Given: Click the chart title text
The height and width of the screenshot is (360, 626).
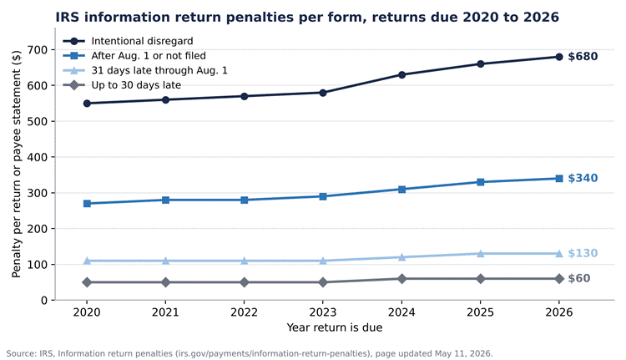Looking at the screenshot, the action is click(307, 18).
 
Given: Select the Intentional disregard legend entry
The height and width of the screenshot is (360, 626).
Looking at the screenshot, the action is click(128, 41).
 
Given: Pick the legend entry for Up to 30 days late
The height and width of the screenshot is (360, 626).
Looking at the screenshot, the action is click(122, 85).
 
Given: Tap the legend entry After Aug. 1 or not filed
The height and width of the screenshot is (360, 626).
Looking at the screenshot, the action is click(134, 56).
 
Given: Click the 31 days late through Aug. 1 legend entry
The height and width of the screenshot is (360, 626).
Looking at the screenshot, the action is click(145, 71).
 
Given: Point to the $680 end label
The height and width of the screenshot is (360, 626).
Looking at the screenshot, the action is click(583, 56).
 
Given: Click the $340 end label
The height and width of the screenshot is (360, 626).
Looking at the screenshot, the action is click(583, 178).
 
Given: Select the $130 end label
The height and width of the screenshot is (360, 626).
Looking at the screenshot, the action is click(583, 253).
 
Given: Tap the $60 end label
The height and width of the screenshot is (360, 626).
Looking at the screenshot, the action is click(579, 278).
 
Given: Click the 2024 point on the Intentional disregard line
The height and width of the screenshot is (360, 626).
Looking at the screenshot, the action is click(401, 74).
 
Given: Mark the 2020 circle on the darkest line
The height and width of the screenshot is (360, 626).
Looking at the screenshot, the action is click(87, 104).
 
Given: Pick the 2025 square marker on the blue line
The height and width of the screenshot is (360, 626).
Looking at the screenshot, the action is click(480, 182).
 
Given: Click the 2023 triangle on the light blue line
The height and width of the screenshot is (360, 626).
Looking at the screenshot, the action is click(323, 261).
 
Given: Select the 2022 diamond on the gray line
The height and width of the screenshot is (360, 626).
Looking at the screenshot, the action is click(245, 282).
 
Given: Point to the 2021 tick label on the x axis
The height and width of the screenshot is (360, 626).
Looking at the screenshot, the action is click(165, 312).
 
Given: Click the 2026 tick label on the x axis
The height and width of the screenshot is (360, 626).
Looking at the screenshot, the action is click(559, 312).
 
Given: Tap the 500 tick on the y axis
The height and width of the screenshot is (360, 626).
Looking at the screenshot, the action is click(37, 121).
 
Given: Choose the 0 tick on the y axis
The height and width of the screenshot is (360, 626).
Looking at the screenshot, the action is click(44, 301).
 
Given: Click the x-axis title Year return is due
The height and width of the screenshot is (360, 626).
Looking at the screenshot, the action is click(335, 327).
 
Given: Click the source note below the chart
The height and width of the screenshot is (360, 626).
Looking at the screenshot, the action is click(250, 353).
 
